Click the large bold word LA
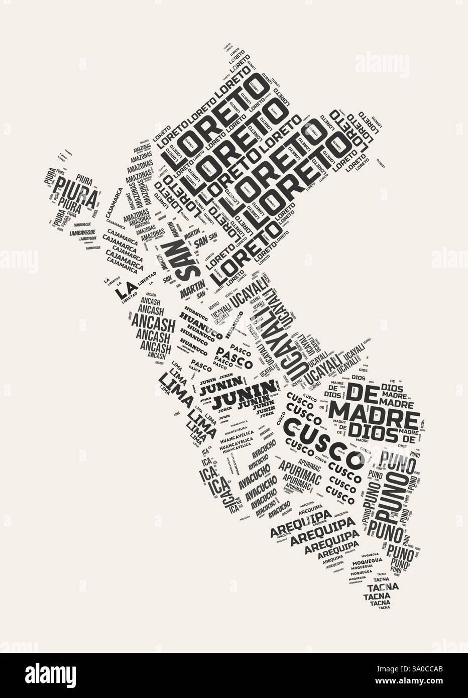coord(125,289)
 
